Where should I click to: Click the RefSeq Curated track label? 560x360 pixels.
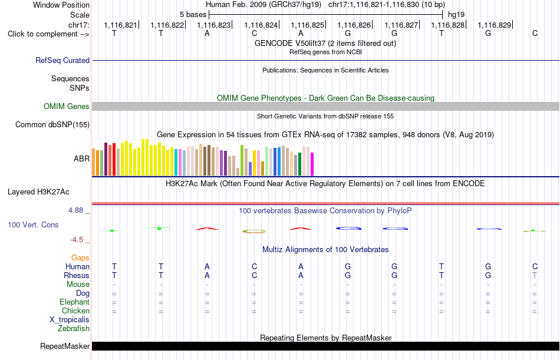(x=62, y=60)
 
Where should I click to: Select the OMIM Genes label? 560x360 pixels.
(x=67, y=107)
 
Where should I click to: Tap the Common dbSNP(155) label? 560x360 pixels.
(x=52, y=125)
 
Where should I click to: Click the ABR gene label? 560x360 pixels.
(x=81, y=158)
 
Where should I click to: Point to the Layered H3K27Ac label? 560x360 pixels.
(x=38, y=192)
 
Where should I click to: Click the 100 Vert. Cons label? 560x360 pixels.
(x=33, y=225)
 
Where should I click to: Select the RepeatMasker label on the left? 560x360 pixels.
(x=65, y=346)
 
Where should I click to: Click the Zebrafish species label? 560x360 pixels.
(x=74, y=329)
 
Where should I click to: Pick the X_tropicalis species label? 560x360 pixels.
(x=70, y=320)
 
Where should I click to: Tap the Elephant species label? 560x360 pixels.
(x=75, y=302)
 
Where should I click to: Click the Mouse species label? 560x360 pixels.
(x=78, y=284)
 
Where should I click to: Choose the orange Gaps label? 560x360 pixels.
(x=80, y=258)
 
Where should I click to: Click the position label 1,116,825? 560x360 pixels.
(x=308, y=25)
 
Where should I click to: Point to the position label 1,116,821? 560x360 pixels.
(x=120, y=25)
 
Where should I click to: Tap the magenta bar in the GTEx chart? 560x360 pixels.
(x=312, y=164)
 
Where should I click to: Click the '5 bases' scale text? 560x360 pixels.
(x=193, y=15)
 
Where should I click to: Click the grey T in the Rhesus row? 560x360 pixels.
(x=535, y=275)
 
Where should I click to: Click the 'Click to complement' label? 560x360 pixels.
(x=48, y=34)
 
